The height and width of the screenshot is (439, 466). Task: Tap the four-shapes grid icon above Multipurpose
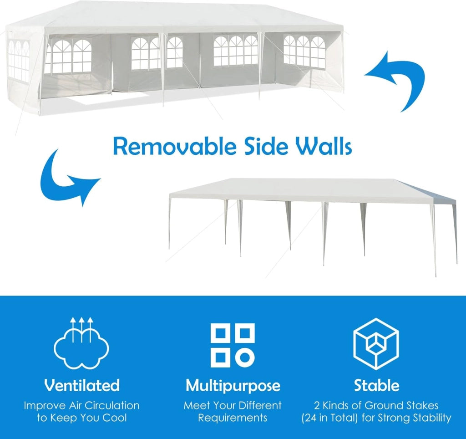tap(233, 345)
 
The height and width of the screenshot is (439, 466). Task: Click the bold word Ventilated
tap(82, 385)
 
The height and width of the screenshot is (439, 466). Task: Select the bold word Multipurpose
tap(233, 386)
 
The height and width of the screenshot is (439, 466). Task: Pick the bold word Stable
tap(376, 385)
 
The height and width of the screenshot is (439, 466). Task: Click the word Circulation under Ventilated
tap(112, 405)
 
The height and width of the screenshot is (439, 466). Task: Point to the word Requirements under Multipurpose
tap(233, 418)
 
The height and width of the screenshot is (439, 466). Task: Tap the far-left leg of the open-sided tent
tap(170, 223)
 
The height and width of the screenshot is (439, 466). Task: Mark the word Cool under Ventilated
tap(115, 418)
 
